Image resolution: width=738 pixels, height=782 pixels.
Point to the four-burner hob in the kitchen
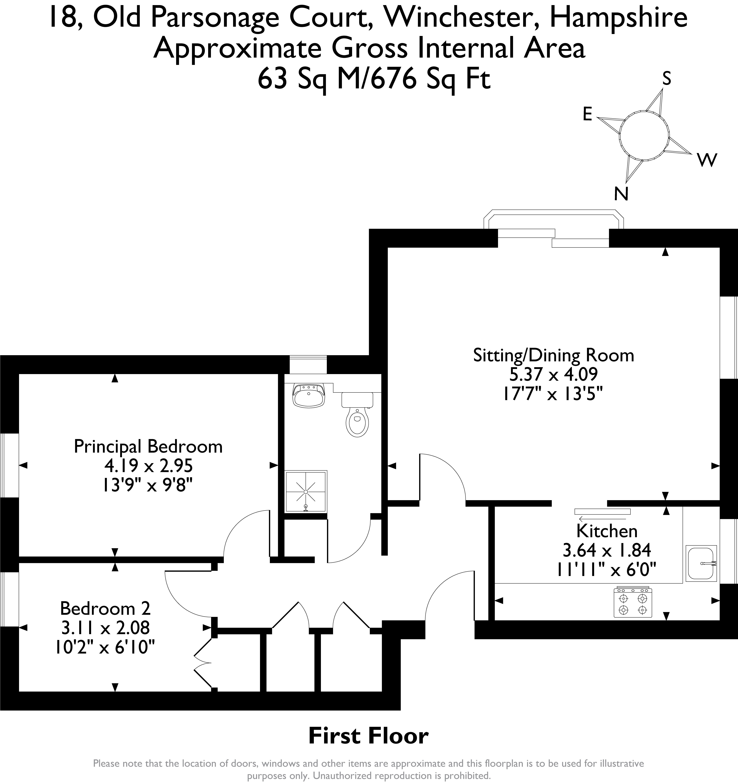tap(633, 602)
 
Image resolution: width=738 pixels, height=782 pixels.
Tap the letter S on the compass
tap(666, 79)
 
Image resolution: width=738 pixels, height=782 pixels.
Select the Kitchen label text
tap(607, 531)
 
